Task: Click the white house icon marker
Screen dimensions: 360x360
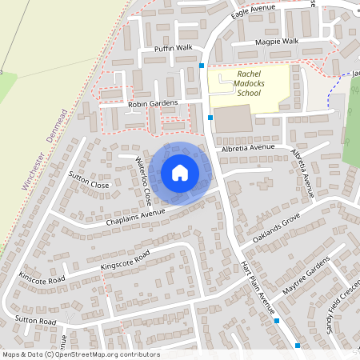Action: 180,172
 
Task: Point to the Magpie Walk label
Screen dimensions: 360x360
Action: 277,41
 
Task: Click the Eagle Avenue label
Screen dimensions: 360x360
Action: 253,11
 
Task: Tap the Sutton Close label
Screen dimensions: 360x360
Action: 88,180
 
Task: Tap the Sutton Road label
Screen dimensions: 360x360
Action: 35,321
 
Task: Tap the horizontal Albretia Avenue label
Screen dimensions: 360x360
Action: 249,148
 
